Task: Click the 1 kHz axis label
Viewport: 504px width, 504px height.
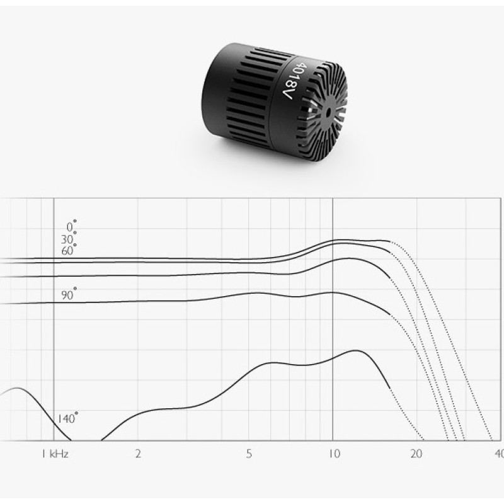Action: (x=55, y=454)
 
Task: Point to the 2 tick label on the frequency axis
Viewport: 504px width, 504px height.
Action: (x=138, y=454)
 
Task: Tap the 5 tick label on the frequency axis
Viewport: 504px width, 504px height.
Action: (x=249, y=454)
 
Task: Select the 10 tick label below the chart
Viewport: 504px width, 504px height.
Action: (x=334, y=454)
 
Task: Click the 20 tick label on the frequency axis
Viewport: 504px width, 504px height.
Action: (x=416, y=454)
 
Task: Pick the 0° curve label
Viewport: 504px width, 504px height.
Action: (x=71, y=226)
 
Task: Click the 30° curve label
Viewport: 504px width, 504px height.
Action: (x=69, y=239)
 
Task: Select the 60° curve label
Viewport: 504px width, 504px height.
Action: (x=69, y=250)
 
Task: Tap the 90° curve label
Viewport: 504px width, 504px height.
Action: (x=69, y=294)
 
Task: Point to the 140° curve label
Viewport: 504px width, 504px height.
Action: (x=67, y=418)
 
